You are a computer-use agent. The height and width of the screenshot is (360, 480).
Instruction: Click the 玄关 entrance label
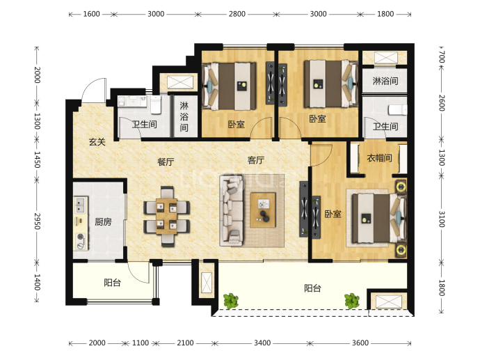tap(97, 142)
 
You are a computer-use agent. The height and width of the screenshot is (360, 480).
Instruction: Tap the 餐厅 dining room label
tap(166, 162)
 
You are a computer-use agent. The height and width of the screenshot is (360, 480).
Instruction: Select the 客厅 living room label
tap(255, 160)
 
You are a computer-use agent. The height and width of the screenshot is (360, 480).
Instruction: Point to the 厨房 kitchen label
tap(103, 221)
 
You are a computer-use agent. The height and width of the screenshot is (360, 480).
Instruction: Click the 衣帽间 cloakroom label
tap(380, 158)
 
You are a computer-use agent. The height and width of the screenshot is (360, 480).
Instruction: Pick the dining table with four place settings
tap(166, 217)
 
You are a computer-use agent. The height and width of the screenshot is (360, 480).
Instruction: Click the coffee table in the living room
tap(263, 210)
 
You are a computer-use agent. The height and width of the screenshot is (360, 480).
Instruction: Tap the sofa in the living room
tap(232, 210)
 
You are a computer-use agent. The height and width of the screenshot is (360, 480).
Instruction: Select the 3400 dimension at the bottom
tap(262, 343)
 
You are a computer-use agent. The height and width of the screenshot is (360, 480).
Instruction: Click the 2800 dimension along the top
tap(237, 14)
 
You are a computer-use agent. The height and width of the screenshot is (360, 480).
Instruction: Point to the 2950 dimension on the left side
tap(37, 221)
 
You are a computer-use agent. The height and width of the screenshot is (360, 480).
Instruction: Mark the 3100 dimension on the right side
tap(442, 219)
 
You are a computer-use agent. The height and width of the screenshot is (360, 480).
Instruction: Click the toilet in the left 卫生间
tap(156, 104)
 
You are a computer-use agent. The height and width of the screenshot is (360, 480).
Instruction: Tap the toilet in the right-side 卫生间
tap(398, 110)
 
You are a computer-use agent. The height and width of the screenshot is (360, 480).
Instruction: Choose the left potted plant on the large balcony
tap(230, 301)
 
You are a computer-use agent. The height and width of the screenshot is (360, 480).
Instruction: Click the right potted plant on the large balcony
tap(352, 301)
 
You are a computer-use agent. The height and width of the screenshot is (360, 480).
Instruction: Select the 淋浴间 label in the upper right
tap(385, 81)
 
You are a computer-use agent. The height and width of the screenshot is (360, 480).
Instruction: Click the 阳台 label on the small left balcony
tap(112, 282)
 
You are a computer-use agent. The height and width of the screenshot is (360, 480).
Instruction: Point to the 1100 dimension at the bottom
tap(141, 343)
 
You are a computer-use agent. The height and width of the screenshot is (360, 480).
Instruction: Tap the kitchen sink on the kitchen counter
tap(80, 205)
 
